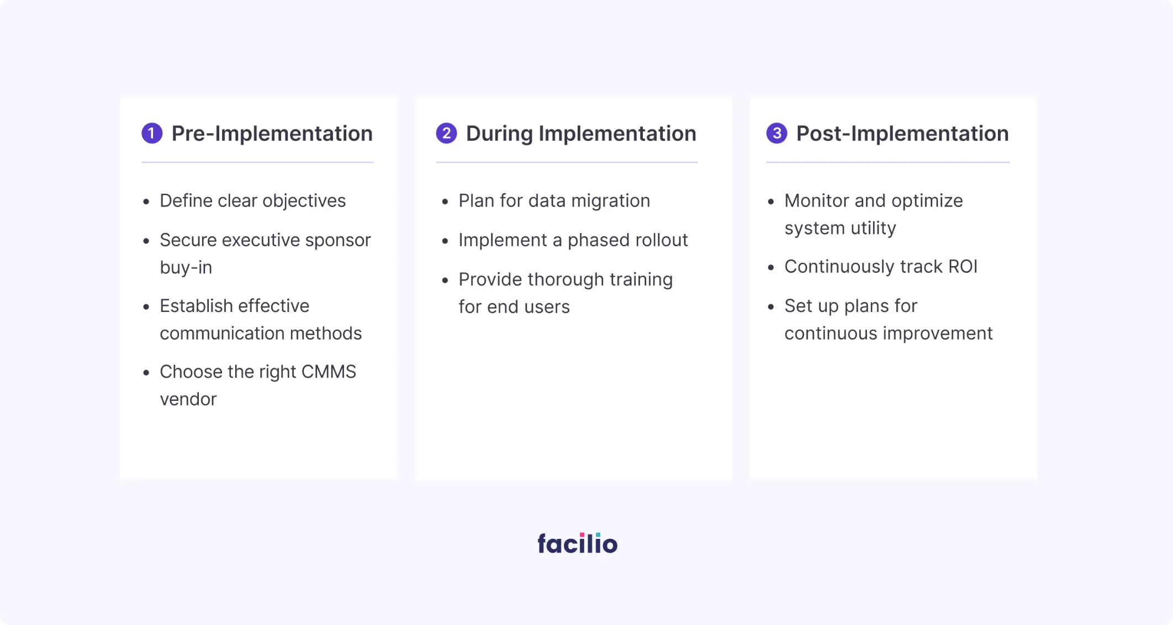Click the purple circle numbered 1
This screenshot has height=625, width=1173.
click(x=152, y=133)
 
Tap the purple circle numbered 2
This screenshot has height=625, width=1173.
click(x=446, y=133)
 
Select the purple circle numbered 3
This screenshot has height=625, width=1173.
click(x=776, y=133)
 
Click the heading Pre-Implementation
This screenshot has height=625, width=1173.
click(x=272, y=134)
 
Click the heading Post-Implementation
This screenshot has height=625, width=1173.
click(x=902, y=134)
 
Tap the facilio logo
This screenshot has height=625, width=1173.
click(x=578, y=543)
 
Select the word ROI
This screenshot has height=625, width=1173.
click(x=963, y=266)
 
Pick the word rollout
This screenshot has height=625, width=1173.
click(x=662, y=240)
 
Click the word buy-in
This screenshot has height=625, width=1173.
click(x=186, y=268)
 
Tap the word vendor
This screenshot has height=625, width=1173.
click(x=188, y=399)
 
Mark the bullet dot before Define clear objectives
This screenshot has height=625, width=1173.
click(x=146, y=202)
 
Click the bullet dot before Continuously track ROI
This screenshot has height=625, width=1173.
click(x=771, y=268)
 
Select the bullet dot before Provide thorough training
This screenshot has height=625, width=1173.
click(x=445, y=280)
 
